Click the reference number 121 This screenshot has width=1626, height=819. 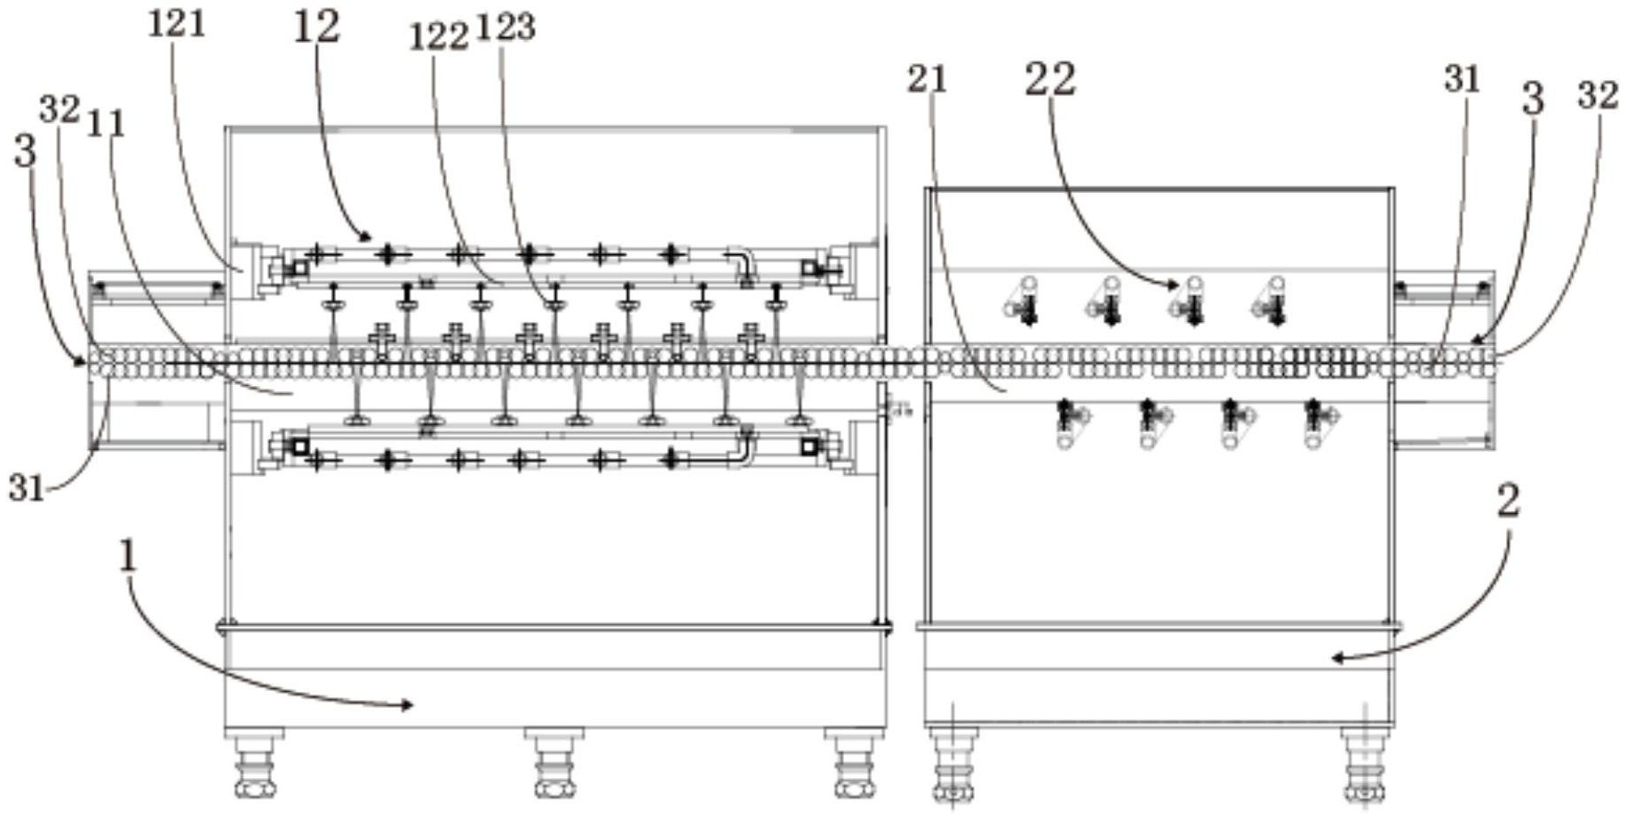click(x=177, y=24)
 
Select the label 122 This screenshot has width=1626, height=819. click(x=438, y=37)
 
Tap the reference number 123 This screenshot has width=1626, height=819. click(x=506, y=28)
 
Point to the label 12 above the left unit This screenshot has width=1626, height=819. click(x=316, y=27)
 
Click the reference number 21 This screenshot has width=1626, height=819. click(x=928, y=79)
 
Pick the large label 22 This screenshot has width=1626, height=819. click(x=1050, y=79)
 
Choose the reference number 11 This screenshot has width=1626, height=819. click(x=106, y=124)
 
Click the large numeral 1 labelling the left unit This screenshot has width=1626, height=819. click(x=129, y=557)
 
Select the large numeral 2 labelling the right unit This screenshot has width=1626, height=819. click(x=1508, y=502)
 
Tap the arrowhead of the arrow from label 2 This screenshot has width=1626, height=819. click(x=1336, y=658)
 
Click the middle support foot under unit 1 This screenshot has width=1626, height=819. click(x=555, y=763)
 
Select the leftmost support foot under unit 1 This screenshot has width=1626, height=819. click(x=255, y=763)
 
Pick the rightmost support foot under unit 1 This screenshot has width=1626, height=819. click(x=855, y=763)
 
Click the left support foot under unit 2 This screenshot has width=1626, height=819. click(x=952, y=765)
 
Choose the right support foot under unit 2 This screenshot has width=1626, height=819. click(x=1366, y=765)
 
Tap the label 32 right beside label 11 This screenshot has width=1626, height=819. click(x=60, y=109)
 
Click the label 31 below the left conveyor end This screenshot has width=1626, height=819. click(x=27, y=488)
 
